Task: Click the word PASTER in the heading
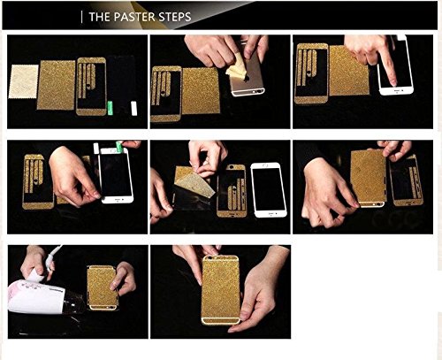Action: [134, 17]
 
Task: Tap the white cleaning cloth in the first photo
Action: [24, 81]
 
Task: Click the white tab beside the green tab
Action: [134, 108]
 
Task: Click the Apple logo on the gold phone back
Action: [247, 79]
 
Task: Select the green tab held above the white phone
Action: [118, 147]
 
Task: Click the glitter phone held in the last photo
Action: [221, 290]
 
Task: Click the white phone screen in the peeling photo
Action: [268, 188]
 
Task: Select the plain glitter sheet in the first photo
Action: [56, 85]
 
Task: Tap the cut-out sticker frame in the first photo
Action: [91, 87]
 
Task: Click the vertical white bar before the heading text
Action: [81, 17]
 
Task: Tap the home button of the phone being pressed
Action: [395, 91]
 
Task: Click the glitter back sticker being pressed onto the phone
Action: [369, 177]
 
